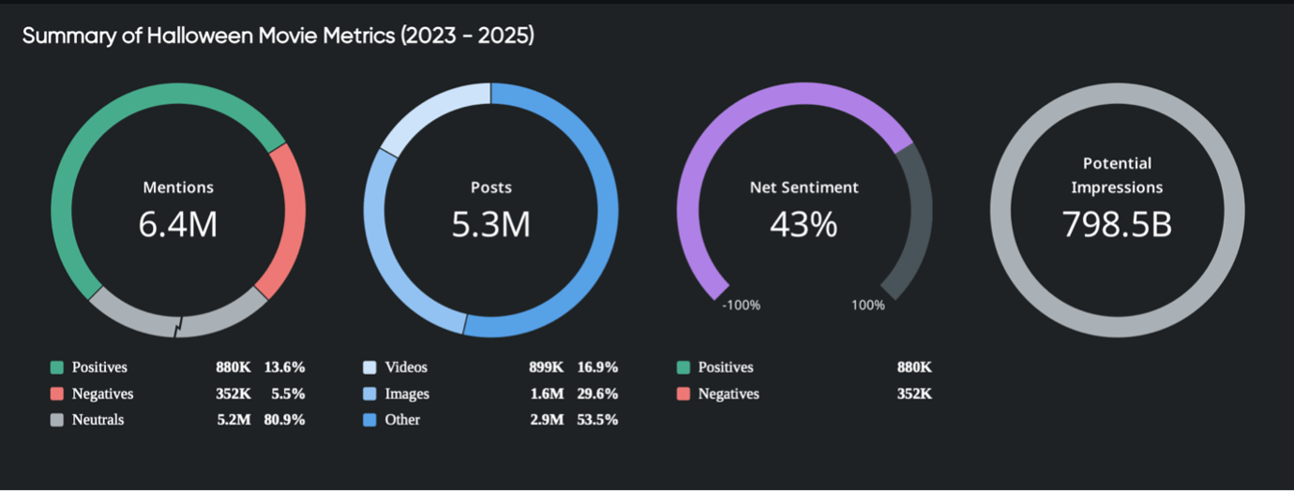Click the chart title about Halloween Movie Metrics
coord(278,36)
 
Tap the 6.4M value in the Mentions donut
coord(178,224)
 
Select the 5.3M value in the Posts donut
coord(490,224)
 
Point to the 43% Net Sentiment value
coord(804,224)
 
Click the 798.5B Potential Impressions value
coord(1117,224)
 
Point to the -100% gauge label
coord(740,306)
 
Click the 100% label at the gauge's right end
coord(867,306)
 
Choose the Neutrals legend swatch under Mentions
coord(57,420)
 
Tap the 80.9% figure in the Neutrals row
coord(284,420)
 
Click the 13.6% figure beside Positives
coord(284,367)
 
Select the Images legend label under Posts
coord(407,394)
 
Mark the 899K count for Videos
coord(546,367)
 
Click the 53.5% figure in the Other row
coord(597,420)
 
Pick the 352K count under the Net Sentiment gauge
coord(913,394)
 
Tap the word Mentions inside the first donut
coord(178,187)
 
